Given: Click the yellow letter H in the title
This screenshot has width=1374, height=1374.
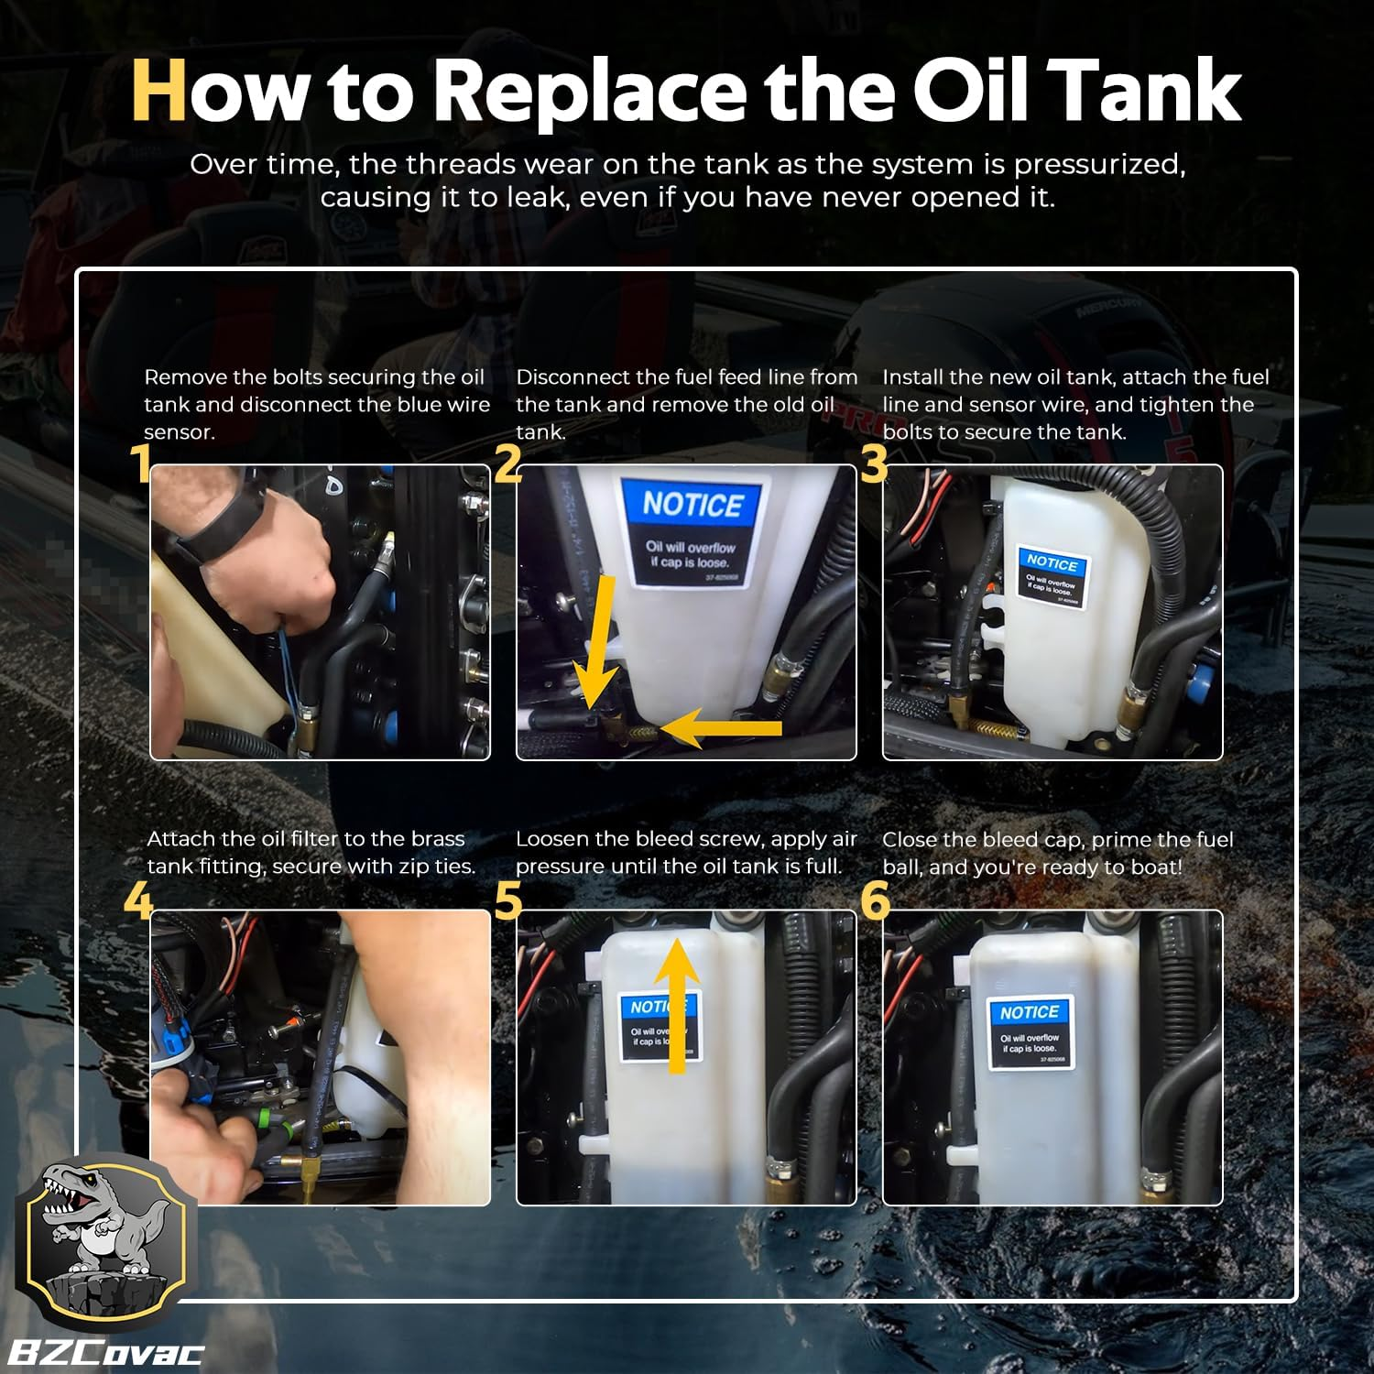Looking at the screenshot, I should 159,90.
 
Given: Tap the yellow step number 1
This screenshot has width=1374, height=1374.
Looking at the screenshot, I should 140,463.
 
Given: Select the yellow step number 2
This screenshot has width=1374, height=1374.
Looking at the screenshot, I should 507,463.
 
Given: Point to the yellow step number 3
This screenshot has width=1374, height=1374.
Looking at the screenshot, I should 874,463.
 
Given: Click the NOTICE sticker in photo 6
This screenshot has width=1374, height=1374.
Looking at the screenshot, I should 1030,1033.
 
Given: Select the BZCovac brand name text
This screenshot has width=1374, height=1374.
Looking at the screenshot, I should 105,1352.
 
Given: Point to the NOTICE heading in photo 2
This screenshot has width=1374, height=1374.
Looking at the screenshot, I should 692,505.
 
